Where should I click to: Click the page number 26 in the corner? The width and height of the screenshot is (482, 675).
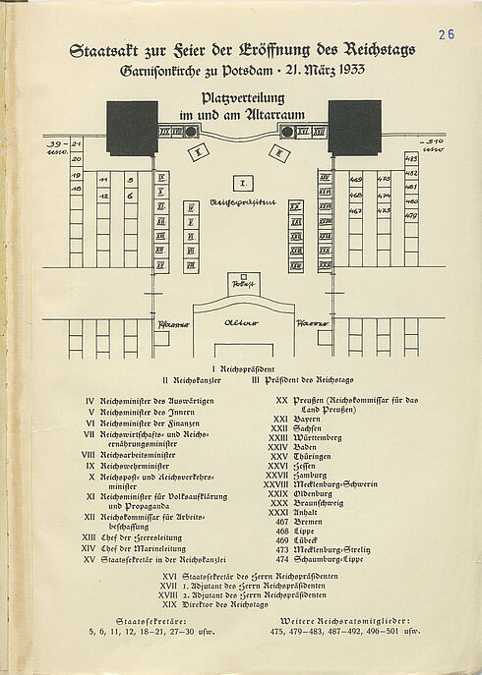click(x=446, y=34)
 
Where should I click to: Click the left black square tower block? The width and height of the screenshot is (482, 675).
click(x=132, y=128)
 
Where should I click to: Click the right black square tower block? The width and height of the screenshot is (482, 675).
click(x=354, y=128)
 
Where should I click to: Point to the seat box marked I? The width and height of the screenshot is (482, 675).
click(x=241, y=182)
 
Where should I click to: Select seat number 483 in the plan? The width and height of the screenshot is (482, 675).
click(x=411, y=157)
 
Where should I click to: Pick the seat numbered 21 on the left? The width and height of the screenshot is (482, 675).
click(x=76, y=144)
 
